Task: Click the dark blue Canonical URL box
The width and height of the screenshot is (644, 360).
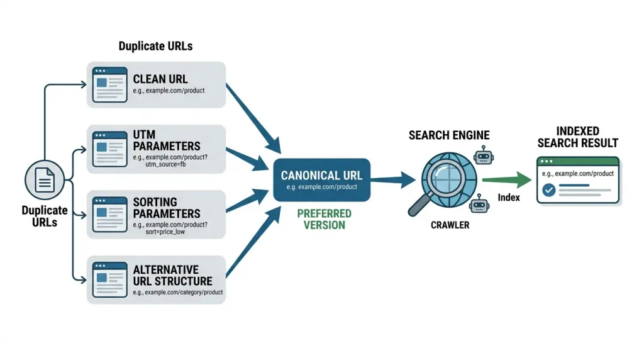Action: click(321, 180)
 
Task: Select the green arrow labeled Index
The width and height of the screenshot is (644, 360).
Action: click(507, 180)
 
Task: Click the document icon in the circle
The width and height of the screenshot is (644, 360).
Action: click(45, 180)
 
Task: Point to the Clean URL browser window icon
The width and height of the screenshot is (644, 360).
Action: click(109, 85)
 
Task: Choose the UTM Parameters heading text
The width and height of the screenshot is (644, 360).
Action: click(166, 140)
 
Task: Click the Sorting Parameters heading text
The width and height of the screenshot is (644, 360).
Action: click(166, 208)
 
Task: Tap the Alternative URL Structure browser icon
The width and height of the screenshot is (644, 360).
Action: click(109, 279)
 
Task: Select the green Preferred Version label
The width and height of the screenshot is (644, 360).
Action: click(324, 220)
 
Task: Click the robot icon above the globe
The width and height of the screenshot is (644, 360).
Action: click(484, 155)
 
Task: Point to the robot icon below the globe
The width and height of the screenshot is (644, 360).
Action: click(479, 204)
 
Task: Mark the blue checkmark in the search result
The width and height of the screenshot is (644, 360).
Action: click(548, 190)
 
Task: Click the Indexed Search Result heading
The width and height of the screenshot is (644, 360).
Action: click(577, 137)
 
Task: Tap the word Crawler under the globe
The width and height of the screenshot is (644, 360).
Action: click(450, 225)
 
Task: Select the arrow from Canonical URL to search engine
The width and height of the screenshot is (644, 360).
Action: click(393, 179)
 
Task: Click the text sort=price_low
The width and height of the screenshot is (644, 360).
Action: click(165, 232)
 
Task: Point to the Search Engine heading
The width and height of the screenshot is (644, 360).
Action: click(449, 135)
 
